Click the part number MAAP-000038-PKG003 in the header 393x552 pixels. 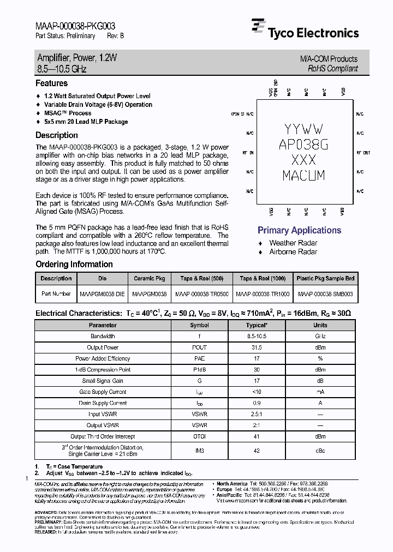pos(75,26)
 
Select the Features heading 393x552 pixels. pos(51,83)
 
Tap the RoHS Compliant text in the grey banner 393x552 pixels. pos(332,68)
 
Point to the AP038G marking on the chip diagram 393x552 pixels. pos(303,145)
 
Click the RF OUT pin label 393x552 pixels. pos(363,153)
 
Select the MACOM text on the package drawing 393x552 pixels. pos(303,176)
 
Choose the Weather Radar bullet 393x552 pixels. pos(293,243)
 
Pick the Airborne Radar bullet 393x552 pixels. pos(293,251)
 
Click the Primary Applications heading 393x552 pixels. pos(299,230)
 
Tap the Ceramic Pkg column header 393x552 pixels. pos(149,278)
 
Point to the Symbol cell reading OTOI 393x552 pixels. pos(199,436)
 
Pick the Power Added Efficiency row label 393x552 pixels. pos(103,358)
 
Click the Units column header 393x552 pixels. pos(320,325)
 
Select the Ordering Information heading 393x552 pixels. pos(74,264)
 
